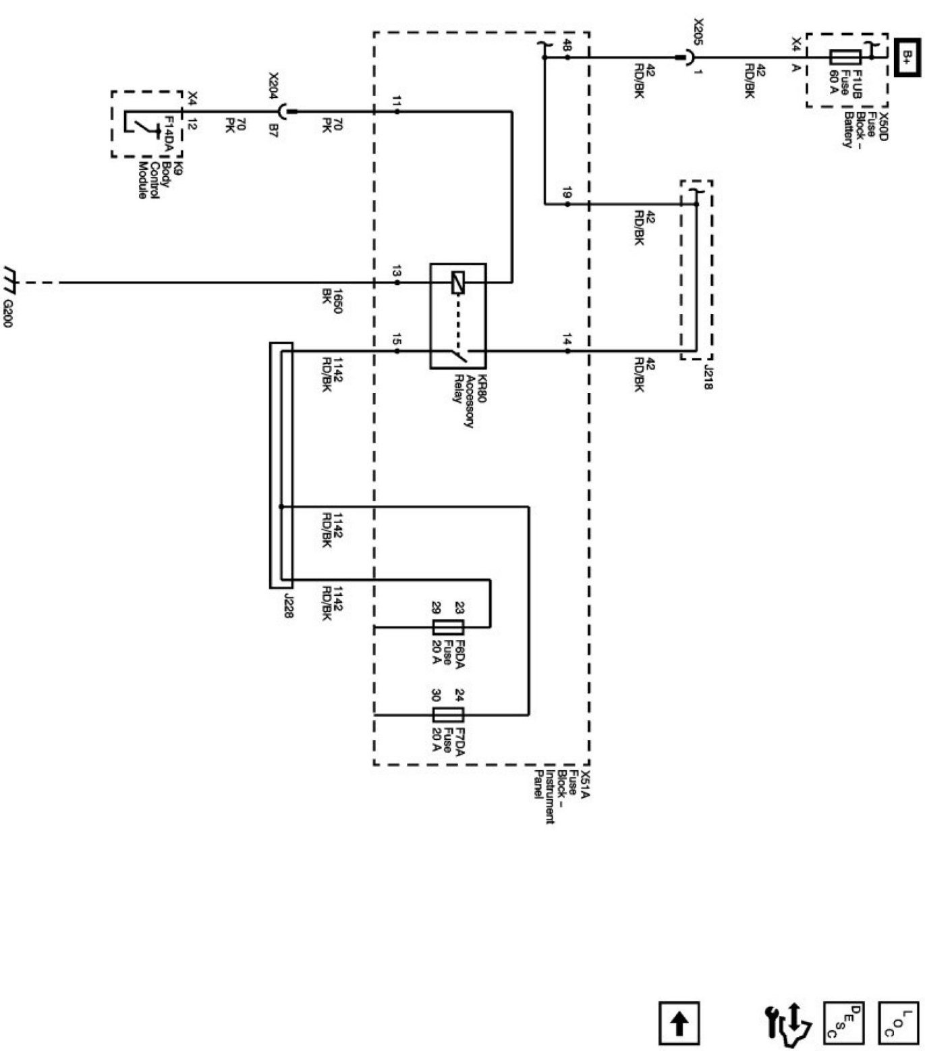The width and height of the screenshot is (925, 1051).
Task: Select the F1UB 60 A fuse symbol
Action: tap(845, 57)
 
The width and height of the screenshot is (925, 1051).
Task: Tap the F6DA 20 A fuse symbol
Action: tap(447, 626)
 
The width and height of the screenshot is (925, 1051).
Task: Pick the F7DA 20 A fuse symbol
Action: tap(447, 715)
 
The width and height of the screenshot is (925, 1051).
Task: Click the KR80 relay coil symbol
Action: tap(458, 282)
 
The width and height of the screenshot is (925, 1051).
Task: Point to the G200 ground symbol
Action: tap(11, 276)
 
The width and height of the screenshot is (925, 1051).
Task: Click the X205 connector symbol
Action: tap(687, 57)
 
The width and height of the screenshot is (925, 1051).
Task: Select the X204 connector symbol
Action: tap(285, 111)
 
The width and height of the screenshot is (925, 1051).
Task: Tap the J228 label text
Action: tap(289, 606)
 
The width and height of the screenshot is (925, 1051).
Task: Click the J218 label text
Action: tap(708, 377)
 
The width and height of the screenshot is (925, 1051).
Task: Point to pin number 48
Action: tap(567, 46)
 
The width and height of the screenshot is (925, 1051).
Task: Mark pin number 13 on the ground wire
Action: tap(397, 272)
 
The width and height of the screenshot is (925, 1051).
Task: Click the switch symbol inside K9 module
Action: tap(142, 126)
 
